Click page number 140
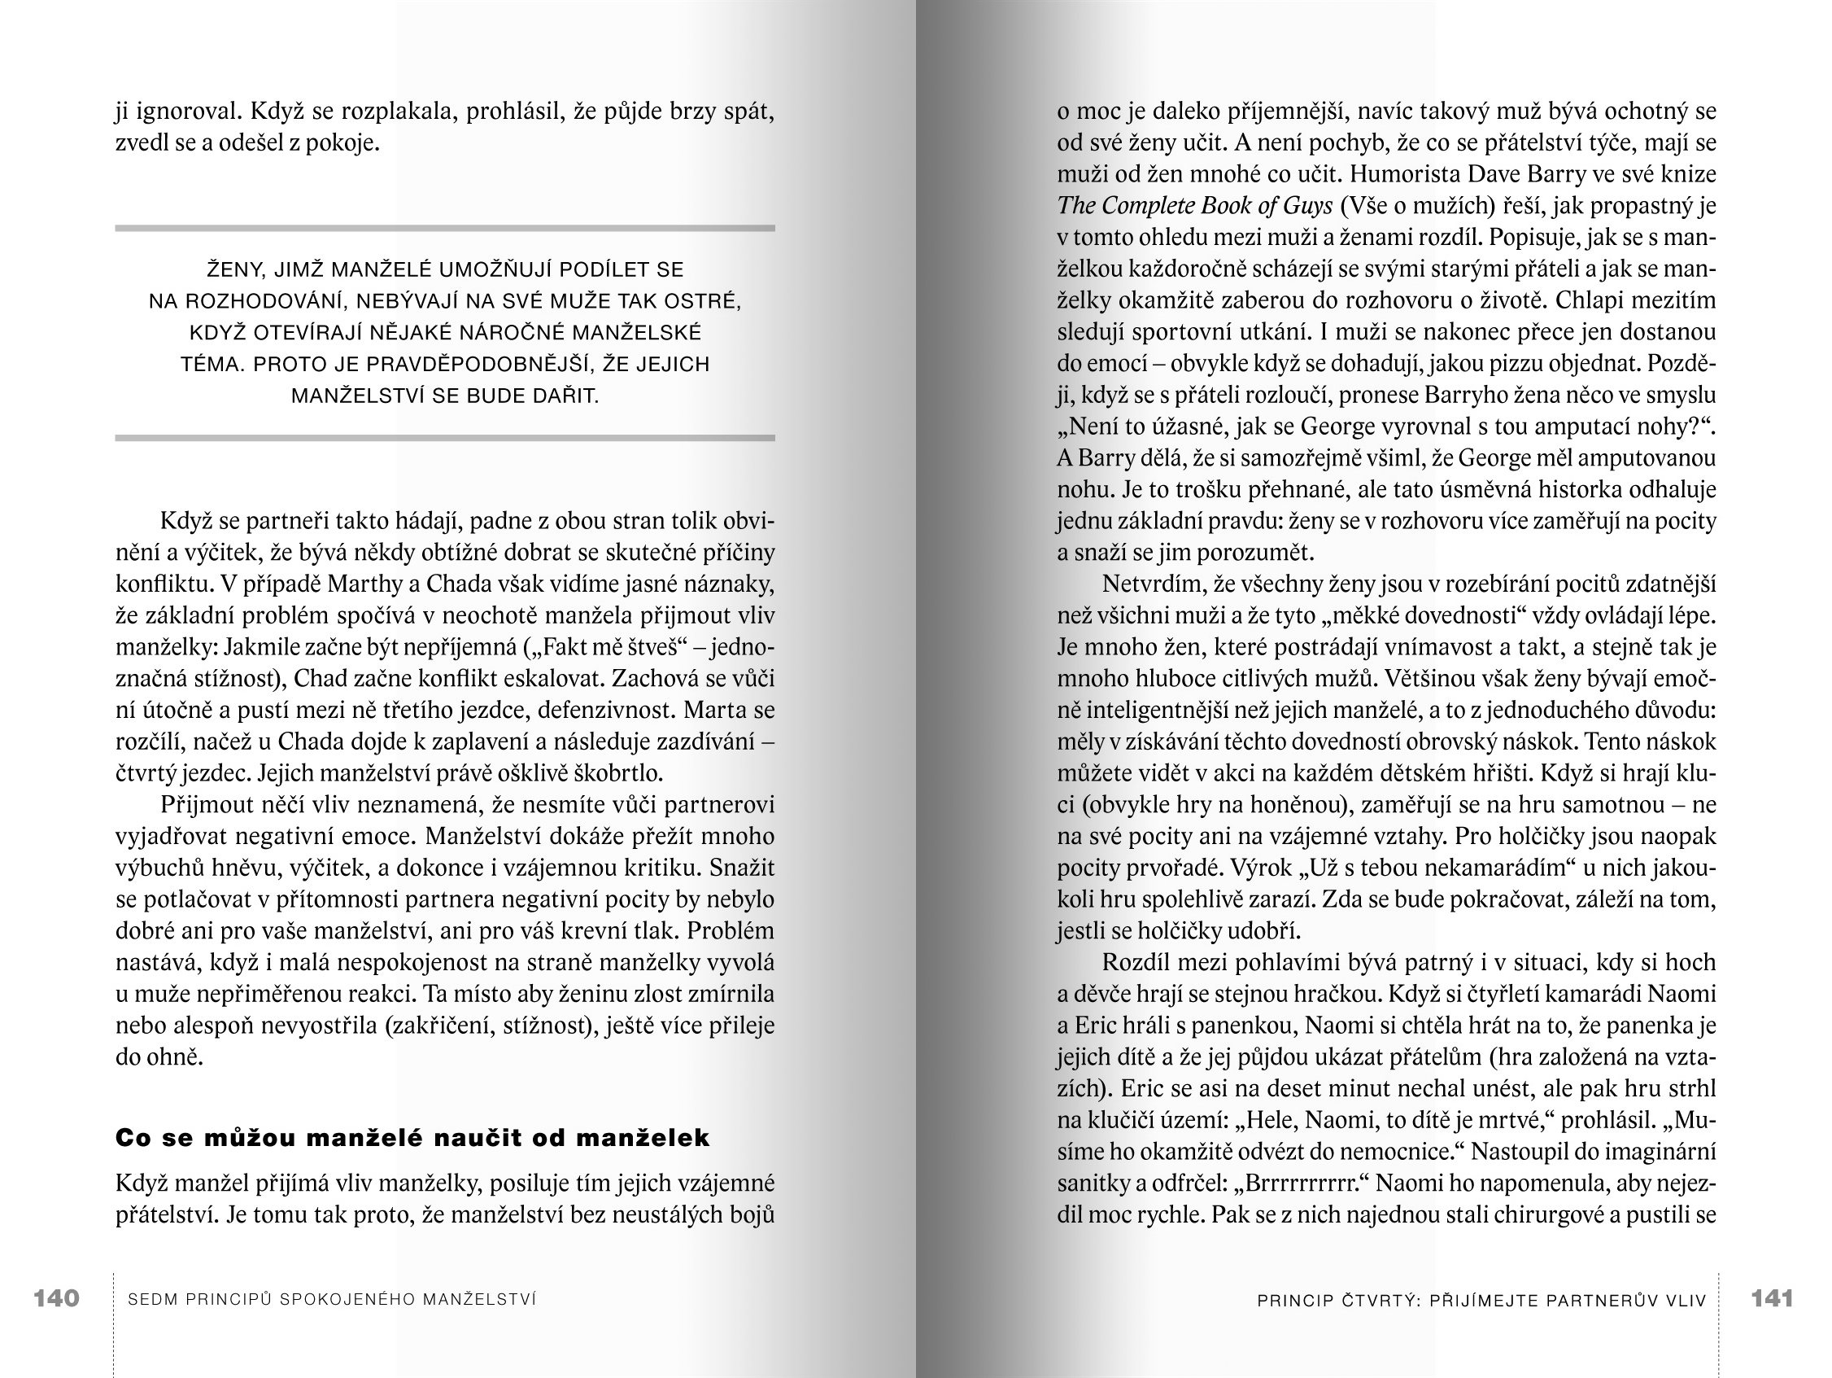click(x=56, y=1298)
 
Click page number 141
click(x=1772, y=1298)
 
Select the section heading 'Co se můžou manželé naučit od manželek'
click(x=412, y=1138)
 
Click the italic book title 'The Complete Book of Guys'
click(x=1194, y=205)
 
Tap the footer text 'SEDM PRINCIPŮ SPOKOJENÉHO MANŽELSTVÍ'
click(x=332, y=1299)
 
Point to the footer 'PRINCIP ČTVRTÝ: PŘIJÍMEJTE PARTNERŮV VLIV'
click(x=1481, y=1300)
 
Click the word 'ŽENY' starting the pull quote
click(x=234, y=269)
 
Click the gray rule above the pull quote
click(x=445, y=228)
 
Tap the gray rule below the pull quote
click(x=445, y=438)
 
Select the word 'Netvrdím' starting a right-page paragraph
click(x=1152, y=584)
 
